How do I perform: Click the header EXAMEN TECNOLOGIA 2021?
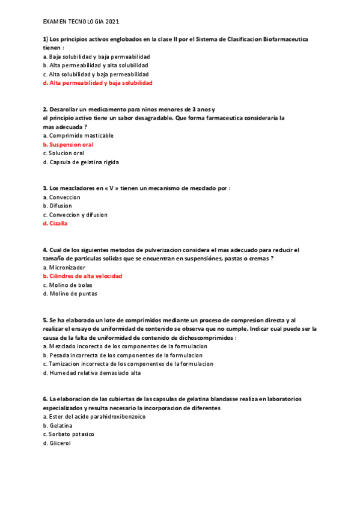tap(81, 21)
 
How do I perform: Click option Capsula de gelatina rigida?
tap(84, 162)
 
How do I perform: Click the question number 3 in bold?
tap(45, 188)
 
